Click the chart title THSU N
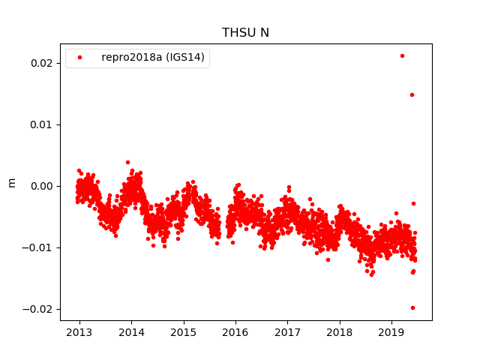pos(245,32)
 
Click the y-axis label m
pos(11,182)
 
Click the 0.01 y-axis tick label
pos(40,124)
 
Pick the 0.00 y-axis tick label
pos(40,186)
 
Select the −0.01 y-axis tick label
pos(37,247)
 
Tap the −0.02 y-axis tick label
pos(37,309)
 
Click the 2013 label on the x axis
pos(79,331)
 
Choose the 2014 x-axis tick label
pos(131,331)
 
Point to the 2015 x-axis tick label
pos(183,331)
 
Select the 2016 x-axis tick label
pos(235,331)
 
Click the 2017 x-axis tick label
pos(287,331)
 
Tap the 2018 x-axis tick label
pos(339,331)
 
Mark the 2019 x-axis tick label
pos(391,331)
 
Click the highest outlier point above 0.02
pos(402,55)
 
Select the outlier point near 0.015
pos(412,94)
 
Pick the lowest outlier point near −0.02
pos(412,307)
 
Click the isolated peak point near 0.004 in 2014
pos(127,162)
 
